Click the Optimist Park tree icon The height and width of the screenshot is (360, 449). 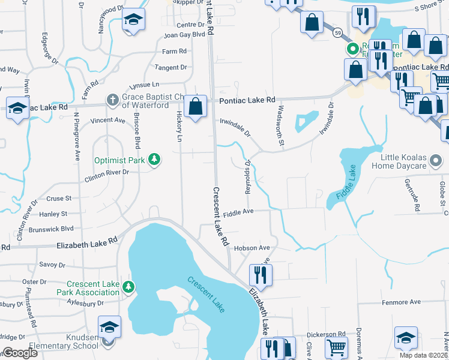(x=155, y=160)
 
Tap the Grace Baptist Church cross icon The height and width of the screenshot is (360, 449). (x=112, y=99)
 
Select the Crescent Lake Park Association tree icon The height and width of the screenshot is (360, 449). (x=128, y=287)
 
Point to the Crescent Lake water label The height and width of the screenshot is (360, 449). (x=206, y=293)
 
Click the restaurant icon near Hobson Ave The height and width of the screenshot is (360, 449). (x=261, y=275)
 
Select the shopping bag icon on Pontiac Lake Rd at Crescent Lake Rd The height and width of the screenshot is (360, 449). (x=196, y=107)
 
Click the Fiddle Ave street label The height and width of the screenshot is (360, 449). (x=238, y=211)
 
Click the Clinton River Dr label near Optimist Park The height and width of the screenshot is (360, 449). (x=107, y=173)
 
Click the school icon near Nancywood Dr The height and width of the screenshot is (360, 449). (x=133, y=20)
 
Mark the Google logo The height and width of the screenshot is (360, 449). (x=20, y=353)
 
